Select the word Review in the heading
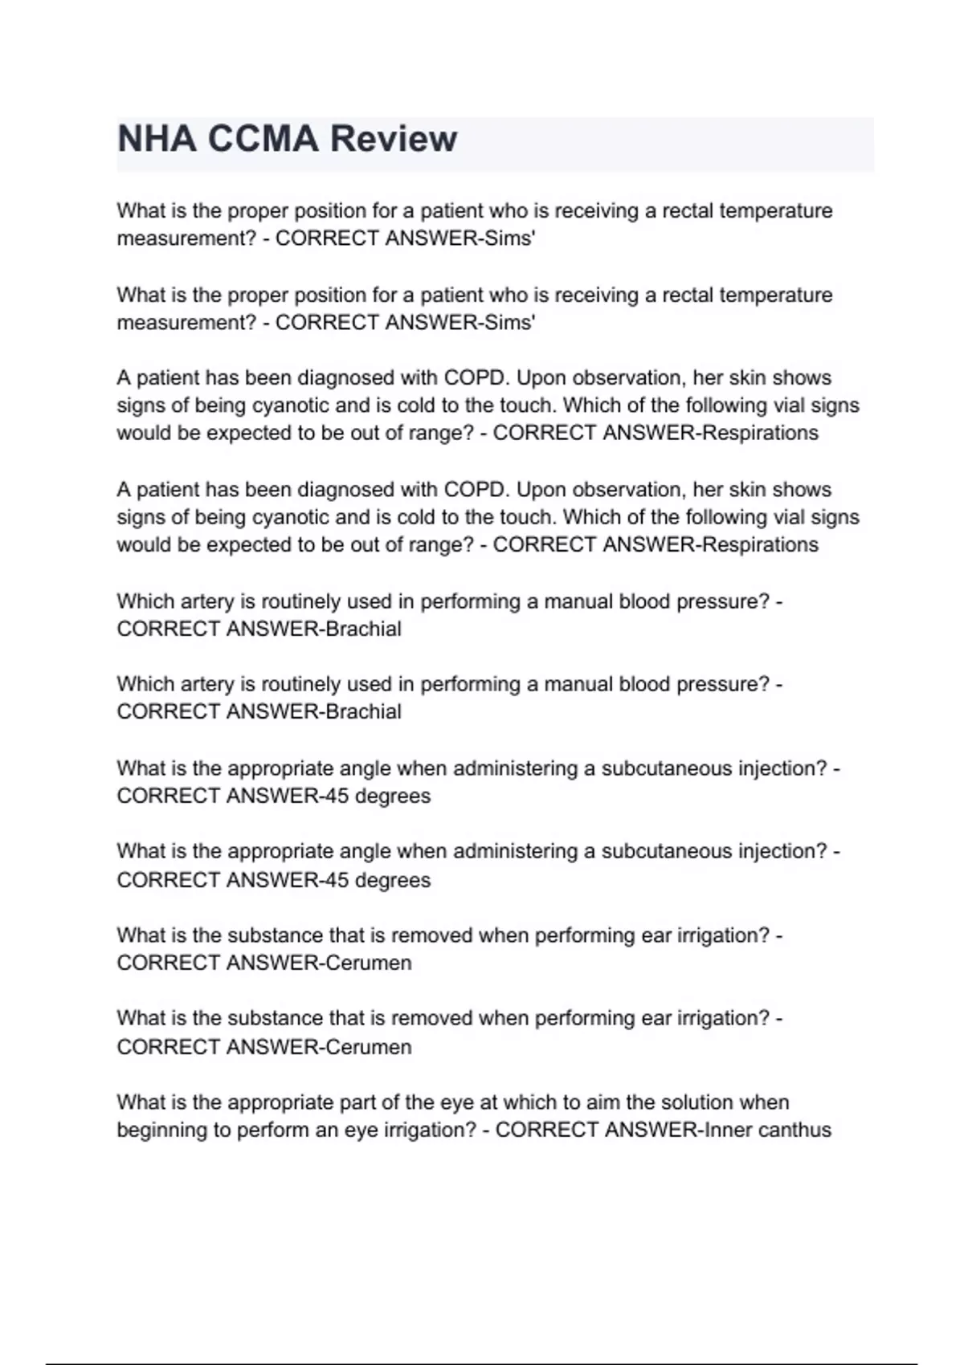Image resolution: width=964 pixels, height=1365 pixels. click(x=394, y=139)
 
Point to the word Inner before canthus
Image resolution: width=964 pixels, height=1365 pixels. click(x=728, y=1130)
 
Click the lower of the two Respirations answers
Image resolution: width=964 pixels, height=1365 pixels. click(x=760, y=544)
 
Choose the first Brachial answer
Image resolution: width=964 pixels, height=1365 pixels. click(x=362, y=629)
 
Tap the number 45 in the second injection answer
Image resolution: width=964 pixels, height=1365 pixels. click(x=333, y=880)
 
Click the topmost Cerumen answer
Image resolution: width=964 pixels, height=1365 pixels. click(x=368, y=963)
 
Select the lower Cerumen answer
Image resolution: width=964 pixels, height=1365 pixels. click(x=368, y=1047)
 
